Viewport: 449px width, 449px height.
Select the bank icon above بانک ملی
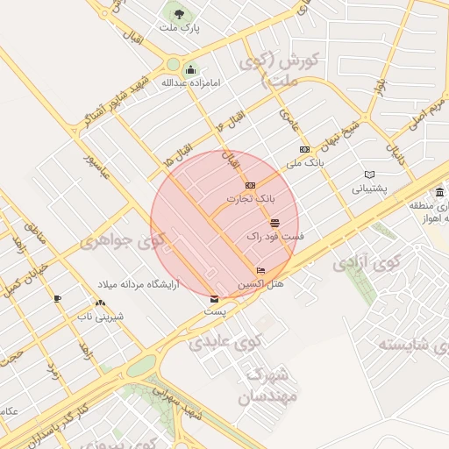tap(304, 150)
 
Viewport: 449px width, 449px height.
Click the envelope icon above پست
tap(215, 300)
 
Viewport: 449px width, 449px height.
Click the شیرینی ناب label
tap(97, 315)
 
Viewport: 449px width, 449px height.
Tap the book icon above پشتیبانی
tap(369, 175)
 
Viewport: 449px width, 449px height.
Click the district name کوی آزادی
tap(361, 262)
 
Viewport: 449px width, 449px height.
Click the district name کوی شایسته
tap(413, 341)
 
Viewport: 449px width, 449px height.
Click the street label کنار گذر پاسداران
tap(57, 419)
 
